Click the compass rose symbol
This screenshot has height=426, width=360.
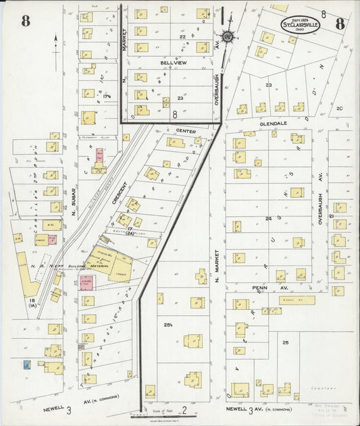pos(228,36)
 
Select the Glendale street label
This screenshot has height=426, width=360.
pos(268,124)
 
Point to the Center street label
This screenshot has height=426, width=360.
pos(185,130)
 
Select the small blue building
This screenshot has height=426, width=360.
pos(26,365)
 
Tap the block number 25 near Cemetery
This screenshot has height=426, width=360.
pos(286,343)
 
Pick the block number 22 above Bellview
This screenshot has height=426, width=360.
pos(173,36)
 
